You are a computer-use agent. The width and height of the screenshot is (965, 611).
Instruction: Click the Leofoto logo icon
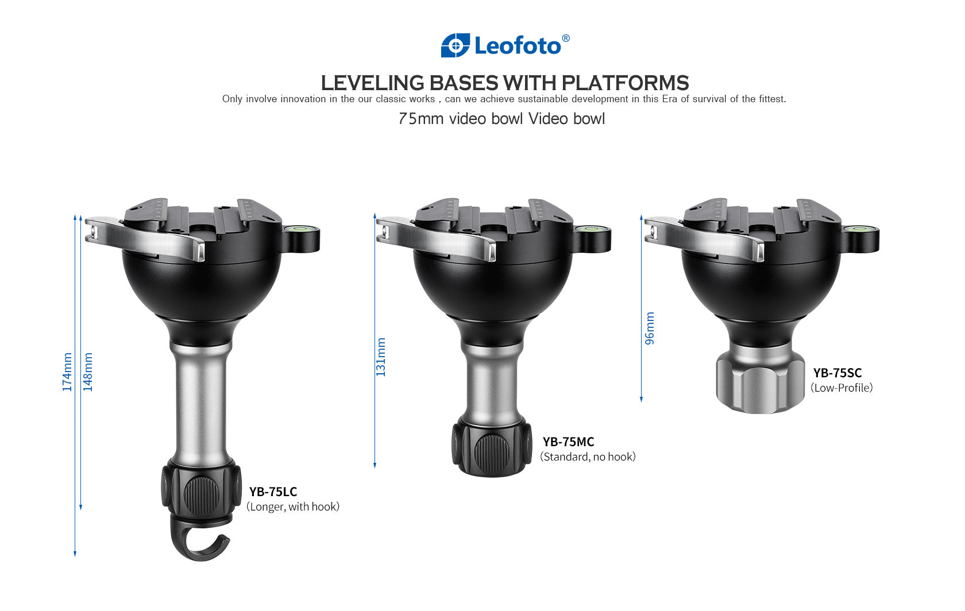coord(455,45)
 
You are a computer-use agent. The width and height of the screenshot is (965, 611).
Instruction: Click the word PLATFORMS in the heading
coord(625,83)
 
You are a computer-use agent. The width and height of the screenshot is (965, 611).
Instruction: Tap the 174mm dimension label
coord(68,373)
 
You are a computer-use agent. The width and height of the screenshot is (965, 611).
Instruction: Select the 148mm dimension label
coord(88,373)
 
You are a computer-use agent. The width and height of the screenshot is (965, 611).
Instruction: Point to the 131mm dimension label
coord(381,358)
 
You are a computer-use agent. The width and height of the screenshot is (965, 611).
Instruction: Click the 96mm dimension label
coord(650,328)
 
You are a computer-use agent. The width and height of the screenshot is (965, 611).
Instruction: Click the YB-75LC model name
coord(273,492)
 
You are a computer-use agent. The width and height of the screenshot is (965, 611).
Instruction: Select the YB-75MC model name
coord(568,442)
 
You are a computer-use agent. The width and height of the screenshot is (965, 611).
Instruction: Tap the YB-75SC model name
coord(837,373)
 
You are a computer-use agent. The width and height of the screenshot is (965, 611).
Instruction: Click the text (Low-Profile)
coord(842,388)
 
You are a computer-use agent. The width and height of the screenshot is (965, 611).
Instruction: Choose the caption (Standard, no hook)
coord(588,457)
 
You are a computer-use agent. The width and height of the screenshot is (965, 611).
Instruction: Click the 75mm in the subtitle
coord(421,119)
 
